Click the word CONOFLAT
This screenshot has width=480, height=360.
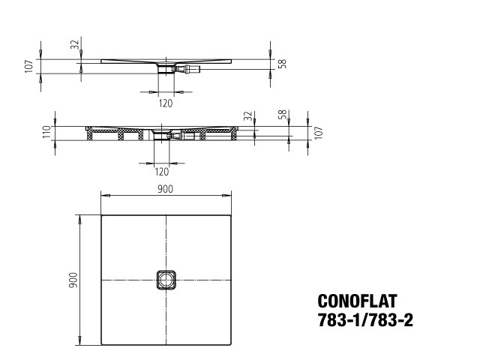(357, 301)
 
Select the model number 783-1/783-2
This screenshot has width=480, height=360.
(365, 320)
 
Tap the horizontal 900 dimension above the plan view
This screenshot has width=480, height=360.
(165, 189)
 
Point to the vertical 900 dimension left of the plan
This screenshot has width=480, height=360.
(73, 280)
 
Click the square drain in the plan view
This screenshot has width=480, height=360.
(166, 280)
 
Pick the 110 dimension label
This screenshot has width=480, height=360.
(46, 132)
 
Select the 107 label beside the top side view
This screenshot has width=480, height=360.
(28, 67)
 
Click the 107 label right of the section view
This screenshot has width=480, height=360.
(319, 133)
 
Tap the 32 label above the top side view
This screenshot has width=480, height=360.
(75, 45)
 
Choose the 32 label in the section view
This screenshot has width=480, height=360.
(248, 116)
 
